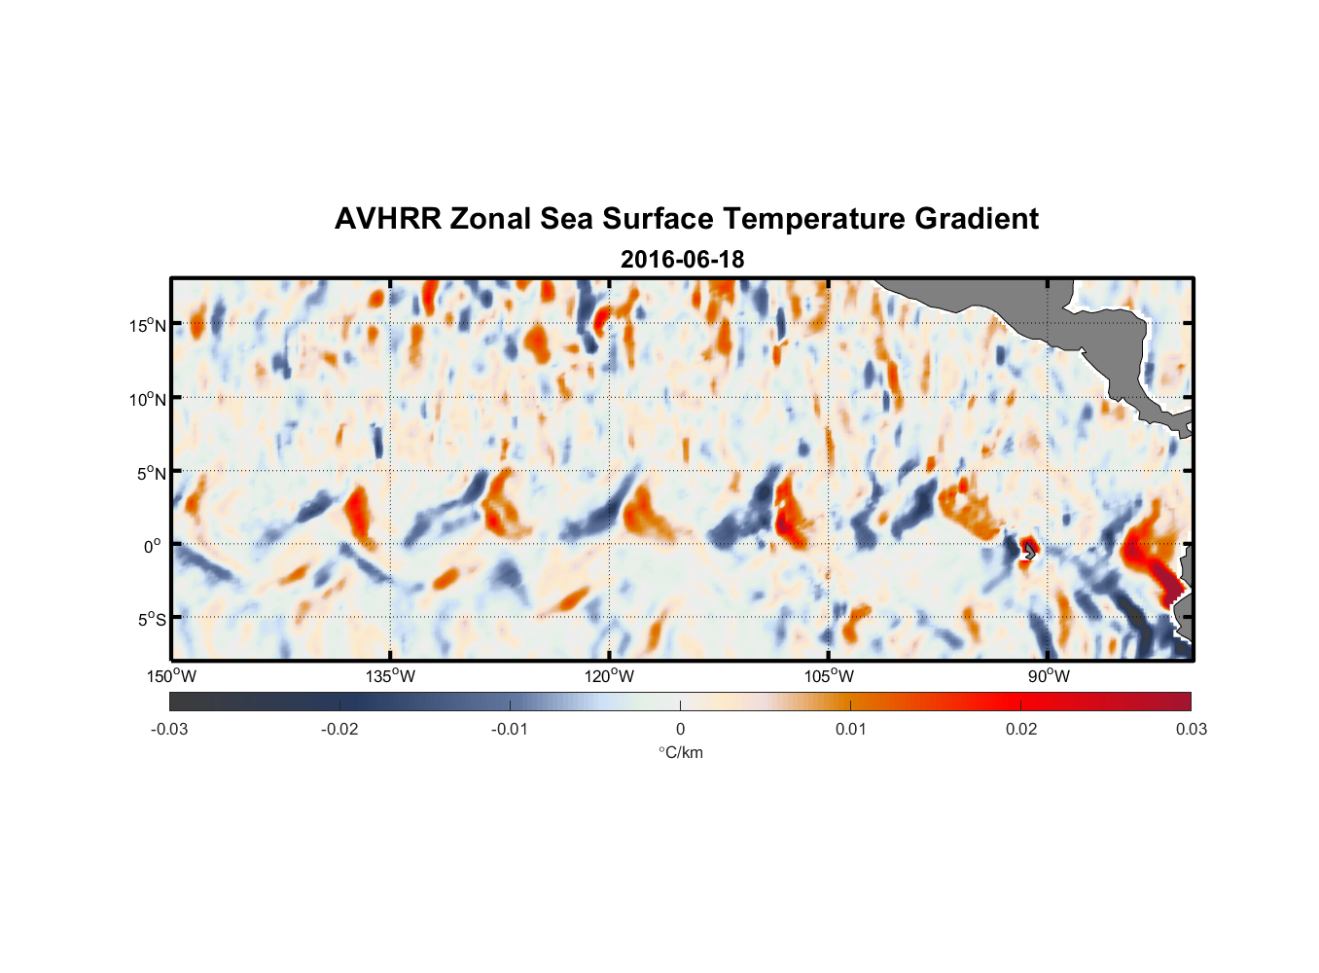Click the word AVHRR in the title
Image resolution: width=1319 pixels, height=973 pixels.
coord(387,219)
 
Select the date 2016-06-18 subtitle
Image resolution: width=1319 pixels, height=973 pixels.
coord(682,260)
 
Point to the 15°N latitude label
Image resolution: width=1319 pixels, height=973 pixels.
coord(148,325)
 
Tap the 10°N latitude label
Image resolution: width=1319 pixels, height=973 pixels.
coord(148,399)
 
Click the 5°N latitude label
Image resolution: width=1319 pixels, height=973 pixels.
coord(151,473)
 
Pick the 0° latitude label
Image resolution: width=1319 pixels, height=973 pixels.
coord(153,546)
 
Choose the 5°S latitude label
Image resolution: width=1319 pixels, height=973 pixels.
coord(151,619)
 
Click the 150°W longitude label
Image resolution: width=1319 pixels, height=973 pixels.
coord(171,676)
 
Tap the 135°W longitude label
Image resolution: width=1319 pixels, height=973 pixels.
coord(391,676)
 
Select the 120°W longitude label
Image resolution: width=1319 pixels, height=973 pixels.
coord(610,676)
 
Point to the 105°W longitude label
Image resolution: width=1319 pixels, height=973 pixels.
coord(829,676)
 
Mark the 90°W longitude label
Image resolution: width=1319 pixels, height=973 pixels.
coord(1048,676)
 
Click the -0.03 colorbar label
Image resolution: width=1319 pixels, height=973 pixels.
coord(169,729)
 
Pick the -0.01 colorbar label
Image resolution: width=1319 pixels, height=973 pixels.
coord(510,729)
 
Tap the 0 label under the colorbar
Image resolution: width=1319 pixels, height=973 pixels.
coord(680,729)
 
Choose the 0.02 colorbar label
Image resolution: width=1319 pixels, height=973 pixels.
coord(1021,729)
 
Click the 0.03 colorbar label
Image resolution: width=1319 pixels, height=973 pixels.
coord(1191,729)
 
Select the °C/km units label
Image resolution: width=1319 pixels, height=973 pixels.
coord(681,752)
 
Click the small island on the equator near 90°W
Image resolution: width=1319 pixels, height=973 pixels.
coord(1027,551)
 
